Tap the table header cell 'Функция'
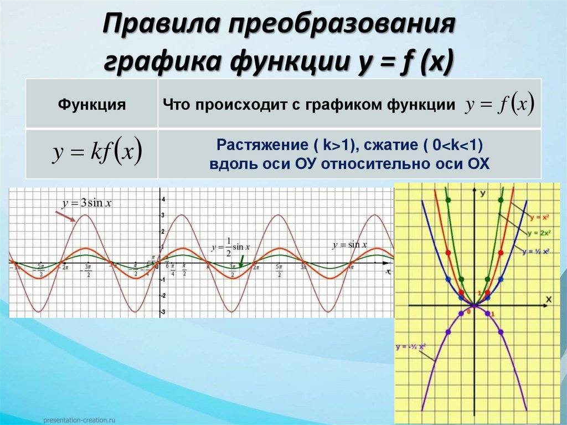(92, 105)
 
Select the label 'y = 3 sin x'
(87, 203)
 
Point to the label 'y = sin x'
(350, 244)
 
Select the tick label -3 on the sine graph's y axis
(163, 312)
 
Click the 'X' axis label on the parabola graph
(549, 299)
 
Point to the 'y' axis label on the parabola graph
(483, 193)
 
